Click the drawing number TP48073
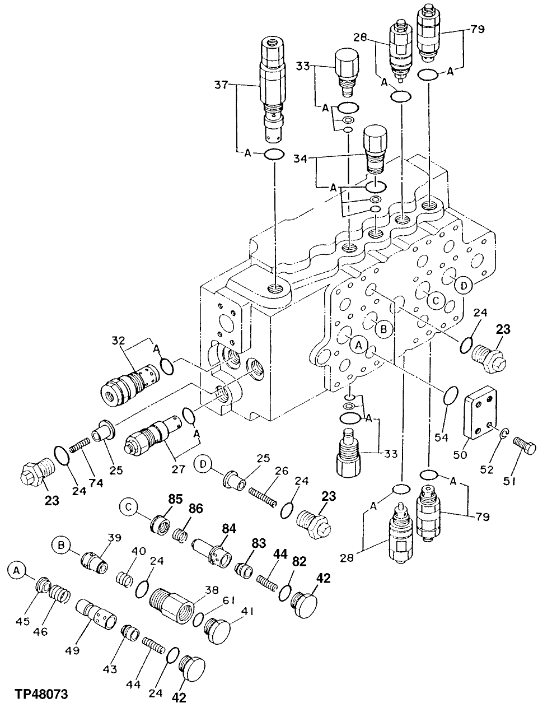point(39,694)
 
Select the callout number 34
point(300,159)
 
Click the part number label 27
point(178,469)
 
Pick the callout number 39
point(114,537)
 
